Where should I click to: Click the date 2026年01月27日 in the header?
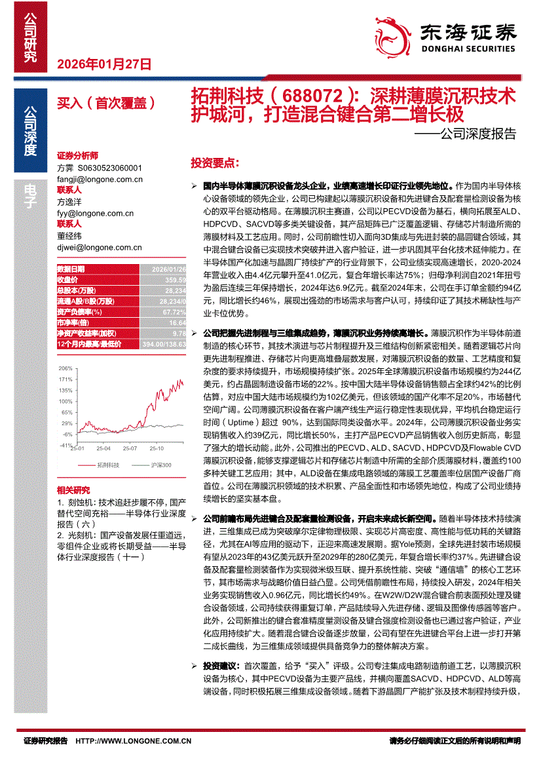coord(105,64)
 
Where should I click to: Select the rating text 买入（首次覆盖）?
coord(105,102)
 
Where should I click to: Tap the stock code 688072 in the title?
coord(305,96)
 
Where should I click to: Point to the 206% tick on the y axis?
coord(65,368)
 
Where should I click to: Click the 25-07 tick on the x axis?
coord(130,448)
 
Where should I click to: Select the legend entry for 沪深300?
coord(160,465)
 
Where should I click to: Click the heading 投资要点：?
coord(215,162)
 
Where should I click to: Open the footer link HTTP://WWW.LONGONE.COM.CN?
coord(134,741)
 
